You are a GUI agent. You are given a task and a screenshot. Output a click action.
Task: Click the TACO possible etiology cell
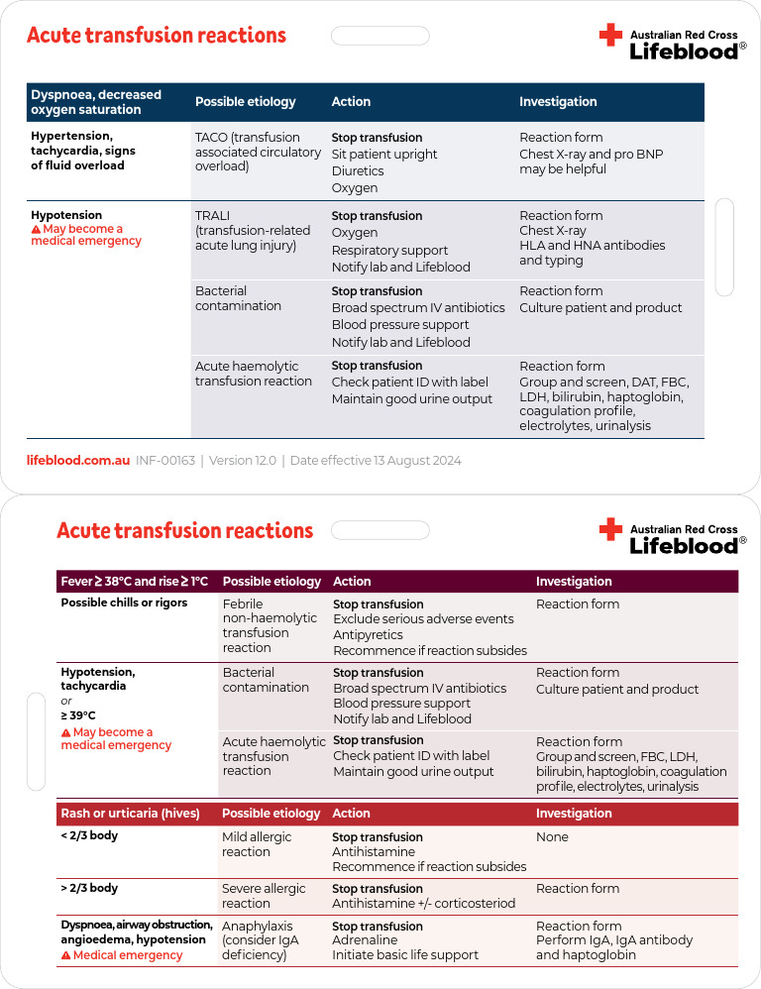click(x=258, y=152)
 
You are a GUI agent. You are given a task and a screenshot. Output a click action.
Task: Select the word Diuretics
click(x=358, y=171)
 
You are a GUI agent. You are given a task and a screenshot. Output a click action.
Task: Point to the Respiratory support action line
click(x=389, y=251)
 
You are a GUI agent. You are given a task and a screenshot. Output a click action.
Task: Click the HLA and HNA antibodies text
click(x=593, y=246)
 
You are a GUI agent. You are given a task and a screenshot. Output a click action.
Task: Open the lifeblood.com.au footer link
click(x=77, y=461)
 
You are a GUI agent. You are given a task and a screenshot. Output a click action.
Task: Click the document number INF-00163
click(x=165, y=461)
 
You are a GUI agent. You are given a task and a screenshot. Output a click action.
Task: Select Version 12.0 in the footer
click(x=241, y=461)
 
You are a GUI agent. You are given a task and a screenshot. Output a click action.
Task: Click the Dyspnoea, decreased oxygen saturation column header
click(x=96, y=102)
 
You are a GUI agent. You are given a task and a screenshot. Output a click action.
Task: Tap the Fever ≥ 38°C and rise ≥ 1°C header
click(x=135, y=582)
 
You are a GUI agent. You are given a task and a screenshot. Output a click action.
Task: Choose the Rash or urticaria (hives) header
click(x=130, y=814)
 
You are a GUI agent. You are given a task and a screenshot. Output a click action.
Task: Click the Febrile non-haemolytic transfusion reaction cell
click(x=258, y=625)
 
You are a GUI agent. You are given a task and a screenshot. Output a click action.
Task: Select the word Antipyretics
click(x=368, y=635)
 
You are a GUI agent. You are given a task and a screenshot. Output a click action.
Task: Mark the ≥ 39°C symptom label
click(x=78, y=715)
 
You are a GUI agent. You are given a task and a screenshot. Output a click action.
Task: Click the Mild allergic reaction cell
click(x=257, y=844)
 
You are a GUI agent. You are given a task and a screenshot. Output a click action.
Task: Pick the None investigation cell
click(x=552, y=837)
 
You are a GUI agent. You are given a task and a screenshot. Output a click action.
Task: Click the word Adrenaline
click(x=365, y=940)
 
